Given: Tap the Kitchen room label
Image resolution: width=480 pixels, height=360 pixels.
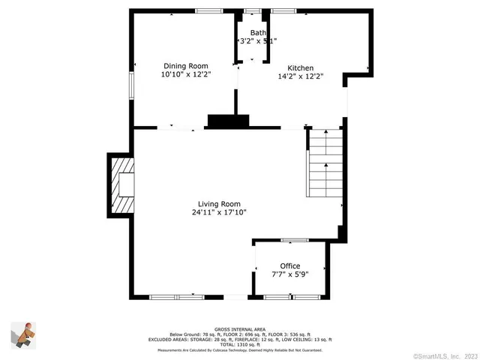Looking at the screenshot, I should [289, 67].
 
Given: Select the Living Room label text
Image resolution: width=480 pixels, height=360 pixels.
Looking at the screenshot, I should [219, 204].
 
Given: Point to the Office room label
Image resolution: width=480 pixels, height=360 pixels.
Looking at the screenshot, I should [289, 266].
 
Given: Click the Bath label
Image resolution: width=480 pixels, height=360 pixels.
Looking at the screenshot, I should [258, 32].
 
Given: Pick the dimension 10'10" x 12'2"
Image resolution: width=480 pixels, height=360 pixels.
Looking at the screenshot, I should [186, 75].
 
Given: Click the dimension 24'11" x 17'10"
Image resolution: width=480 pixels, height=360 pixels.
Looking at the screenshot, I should [219, 212].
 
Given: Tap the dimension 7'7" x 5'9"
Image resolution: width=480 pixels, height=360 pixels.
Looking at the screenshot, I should [289, 274].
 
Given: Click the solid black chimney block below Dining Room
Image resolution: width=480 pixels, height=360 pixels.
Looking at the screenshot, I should [227, 121].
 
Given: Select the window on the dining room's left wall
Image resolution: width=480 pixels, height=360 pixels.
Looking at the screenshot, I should [131, 84].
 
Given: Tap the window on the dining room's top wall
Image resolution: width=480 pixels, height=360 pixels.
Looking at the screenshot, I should [208, 10].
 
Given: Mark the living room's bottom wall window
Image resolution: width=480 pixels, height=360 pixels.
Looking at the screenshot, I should [177, 298].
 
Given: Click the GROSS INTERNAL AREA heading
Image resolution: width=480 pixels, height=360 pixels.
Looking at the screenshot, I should [239, 329].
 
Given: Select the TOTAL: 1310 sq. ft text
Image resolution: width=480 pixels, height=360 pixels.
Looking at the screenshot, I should [239, 345].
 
